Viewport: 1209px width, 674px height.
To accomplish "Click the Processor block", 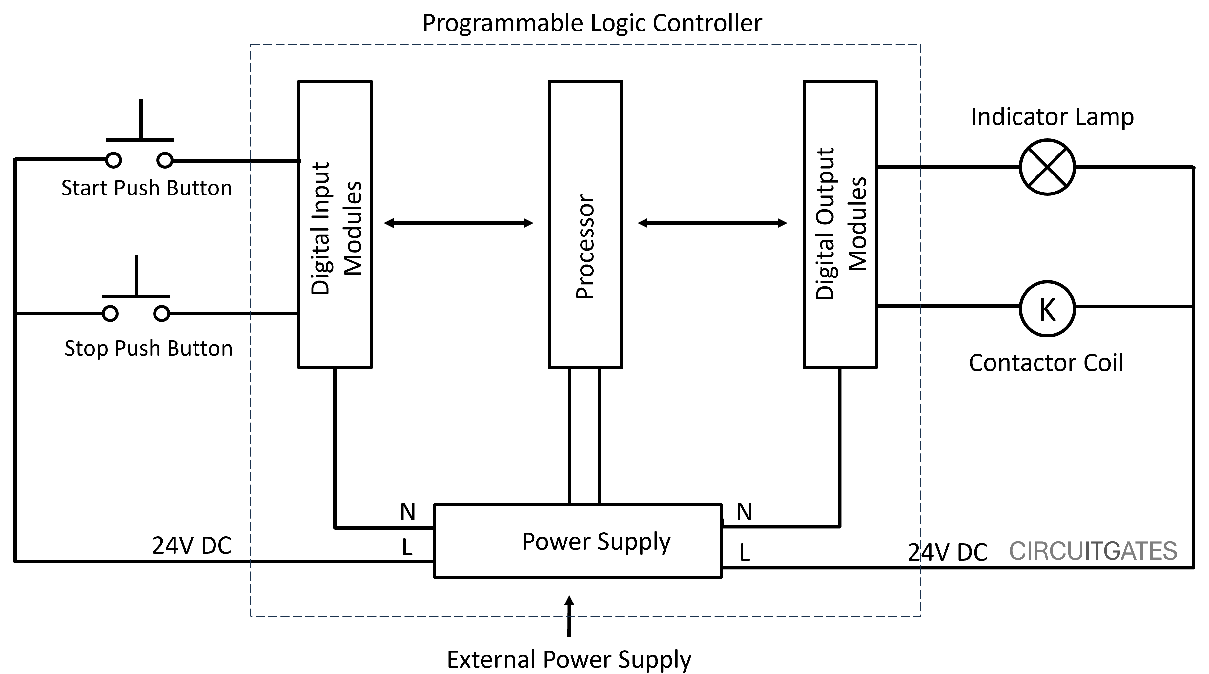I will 585,224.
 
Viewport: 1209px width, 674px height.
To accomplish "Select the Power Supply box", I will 577,541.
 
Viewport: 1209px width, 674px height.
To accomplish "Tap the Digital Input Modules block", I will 335,224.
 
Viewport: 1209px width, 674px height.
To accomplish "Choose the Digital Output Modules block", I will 840,224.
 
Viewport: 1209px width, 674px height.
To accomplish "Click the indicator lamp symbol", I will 1047,167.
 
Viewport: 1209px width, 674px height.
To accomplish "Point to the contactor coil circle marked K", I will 1047,308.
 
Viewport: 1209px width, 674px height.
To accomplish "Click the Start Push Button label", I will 146,188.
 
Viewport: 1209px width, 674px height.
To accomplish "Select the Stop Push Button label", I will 148,348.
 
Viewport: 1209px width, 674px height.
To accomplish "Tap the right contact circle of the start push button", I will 164,160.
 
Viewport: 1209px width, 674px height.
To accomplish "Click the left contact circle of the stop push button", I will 110,313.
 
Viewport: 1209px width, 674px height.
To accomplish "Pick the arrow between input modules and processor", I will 459,223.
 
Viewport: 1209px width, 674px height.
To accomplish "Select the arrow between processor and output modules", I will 712,223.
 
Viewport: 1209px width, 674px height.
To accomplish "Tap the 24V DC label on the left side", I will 192,545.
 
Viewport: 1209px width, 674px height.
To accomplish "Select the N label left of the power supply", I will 407,512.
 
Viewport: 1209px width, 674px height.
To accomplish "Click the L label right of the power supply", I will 744,552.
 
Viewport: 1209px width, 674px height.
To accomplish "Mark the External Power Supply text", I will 569,659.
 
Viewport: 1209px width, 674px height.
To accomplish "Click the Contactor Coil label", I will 1046,363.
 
